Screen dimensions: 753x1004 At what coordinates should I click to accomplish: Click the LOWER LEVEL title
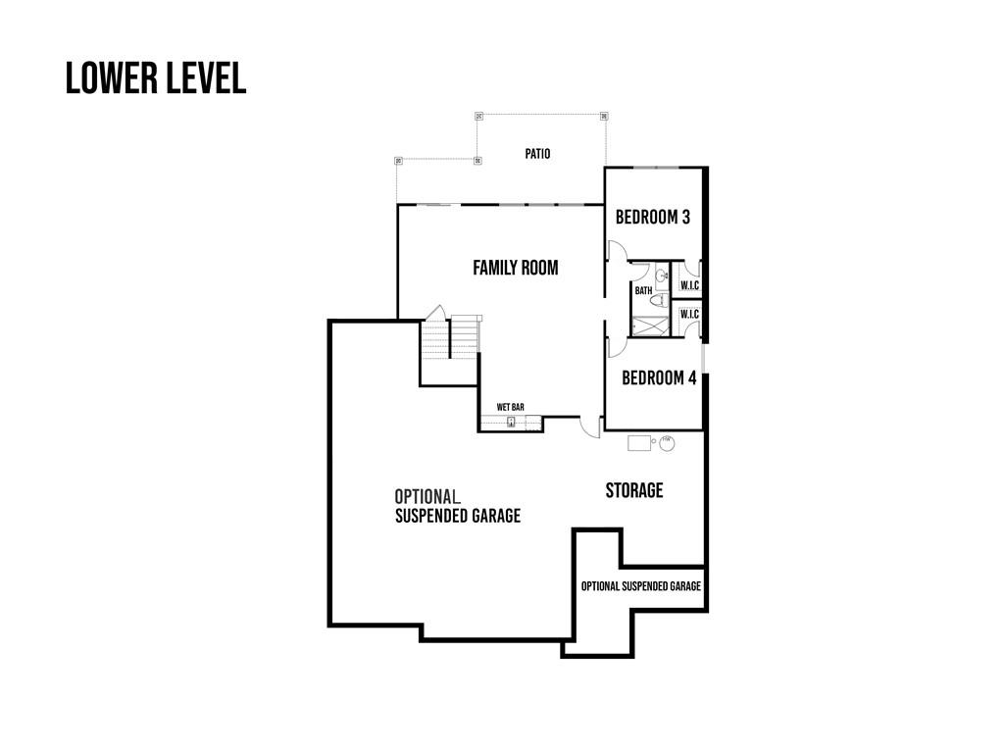pos(155,78)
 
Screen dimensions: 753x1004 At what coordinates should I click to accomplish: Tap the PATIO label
pos(536,154)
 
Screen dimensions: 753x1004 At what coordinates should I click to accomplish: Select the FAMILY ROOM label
pos(515,268)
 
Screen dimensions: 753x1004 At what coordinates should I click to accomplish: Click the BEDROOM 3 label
pos(652,217)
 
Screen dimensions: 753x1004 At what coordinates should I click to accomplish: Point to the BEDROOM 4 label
pos(659,377)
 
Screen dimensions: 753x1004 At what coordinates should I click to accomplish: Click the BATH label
pos(643,290)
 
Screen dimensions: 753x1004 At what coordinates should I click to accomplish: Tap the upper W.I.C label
pos(689,286)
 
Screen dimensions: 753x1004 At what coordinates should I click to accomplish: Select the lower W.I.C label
pos(689,314)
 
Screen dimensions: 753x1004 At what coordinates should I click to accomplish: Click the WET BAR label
pos(510,407)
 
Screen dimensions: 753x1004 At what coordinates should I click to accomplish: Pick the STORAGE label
pos(633,490)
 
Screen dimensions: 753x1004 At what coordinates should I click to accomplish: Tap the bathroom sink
pos(662,276)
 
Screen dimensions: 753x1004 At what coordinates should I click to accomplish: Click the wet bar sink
pos(511,423)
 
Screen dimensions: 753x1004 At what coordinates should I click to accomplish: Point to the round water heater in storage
pos(667,442)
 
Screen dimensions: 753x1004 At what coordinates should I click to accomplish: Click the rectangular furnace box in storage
pos(639,442)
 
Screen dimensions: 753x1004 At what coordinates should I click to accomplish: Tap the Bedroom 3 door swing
pos(617,251)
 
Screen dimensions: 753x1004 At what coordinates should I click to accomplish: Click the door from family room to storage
pos(589,427)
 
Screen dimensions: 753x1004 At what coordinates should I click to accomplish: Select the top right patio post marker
pos(604,117)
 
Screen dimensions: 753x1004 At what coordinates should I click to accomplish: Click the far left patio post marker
pos(398,161)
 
